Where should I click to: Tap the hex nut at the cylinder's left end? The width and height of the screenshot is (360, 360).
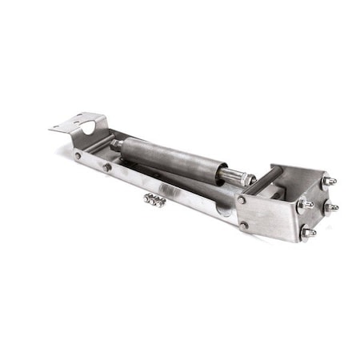(x=117, y=145)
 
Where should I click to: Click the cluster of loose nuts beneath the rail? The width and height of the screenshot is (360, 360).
(x=154, y=200)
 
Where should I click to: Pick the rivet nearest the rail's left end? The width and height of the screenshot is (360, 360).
(x=78, y=156)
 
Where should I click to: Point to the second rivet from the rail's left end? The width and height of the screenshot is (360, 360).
(x=106, y=167)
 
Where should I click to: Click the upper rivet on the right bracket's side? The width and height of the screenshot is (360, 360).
(x=242, y=199)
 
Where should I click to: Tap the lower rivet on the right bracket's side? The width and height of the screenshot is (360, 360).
(x=244, y=226)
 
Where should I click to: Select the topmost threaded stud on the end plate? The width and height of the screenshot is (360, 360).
(x=328, y=181)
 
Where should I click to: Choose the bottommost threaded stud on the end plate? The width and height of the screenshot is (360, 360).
(x=306, y=232)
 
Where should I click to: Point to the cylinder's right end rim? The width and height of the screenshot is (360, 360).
(x=217, y=170)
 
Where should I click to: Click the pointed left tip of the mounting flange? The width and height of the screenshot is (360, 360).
(x=50, y=128)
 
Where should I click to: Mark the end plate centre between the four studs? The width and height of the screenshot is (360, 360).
(x=316, y=206)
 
